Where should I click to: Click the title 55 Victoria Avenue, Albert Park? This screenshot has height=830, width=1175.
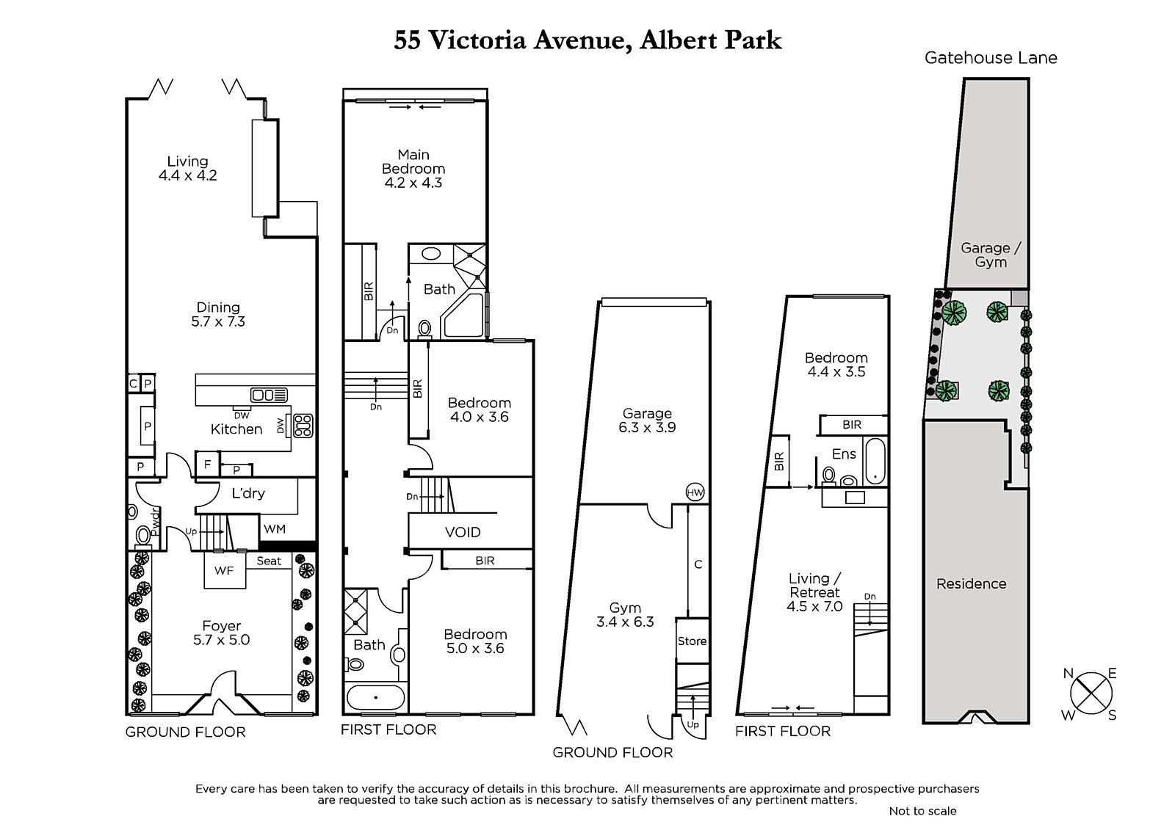(587, 41)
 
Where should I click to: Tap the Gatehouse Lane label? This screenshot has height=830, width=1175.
(991, 58)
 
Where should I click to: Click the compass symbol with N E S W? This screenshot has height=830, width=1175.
(1091, 694)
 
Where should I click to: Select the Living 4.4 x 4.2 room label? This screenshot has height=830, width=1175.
(188, 168)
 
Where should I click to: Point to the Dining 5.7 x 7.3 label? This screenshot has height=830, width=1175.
(218, 314)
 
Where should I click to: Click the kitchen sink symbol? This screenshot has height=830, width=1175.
(269, 394)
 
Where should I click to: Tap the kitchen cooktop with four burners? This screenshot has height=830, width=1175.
(303, 426)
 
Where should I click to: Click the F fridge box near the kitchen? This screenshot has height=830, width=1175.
(207, 464)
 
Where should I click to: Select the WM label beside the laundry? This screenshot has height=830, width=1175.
(275, 529)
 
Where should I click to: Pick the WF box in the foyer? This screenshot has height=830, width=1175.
(225, 570)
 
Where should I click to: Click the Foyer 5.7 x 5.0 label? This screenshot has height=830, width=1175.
(221, 633)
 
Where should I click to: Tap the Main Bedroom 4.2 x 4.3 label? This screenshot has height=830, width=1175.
(413, 168)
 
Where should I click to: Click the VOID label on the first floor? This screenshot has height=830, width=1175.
(463, 532)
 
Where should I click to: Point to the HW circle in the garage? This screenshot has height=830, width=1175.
(695, 492)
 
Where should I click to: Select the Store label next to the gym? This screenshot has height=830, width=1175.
(692, 641)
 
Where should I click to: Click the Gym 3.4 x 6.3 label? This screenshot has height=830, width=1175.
(625, 614)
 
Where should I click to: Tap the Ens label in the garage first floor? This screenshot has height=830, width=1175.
(844, 454)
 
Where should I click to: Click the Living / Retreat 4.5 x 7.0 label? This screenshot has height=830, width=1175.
(814, 592)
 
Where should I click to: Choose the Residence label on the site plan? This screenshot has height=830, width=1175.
(972, 583)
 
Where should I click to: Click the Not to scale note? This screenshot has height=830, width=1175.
(922, 811)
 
